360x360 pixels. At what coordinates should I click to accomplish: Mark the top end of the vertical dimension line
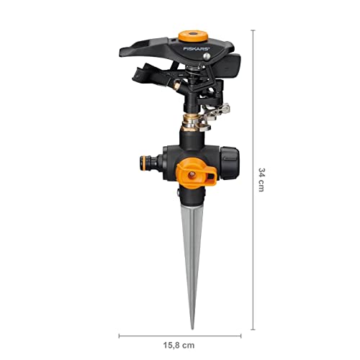click(x=252, y=30)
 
